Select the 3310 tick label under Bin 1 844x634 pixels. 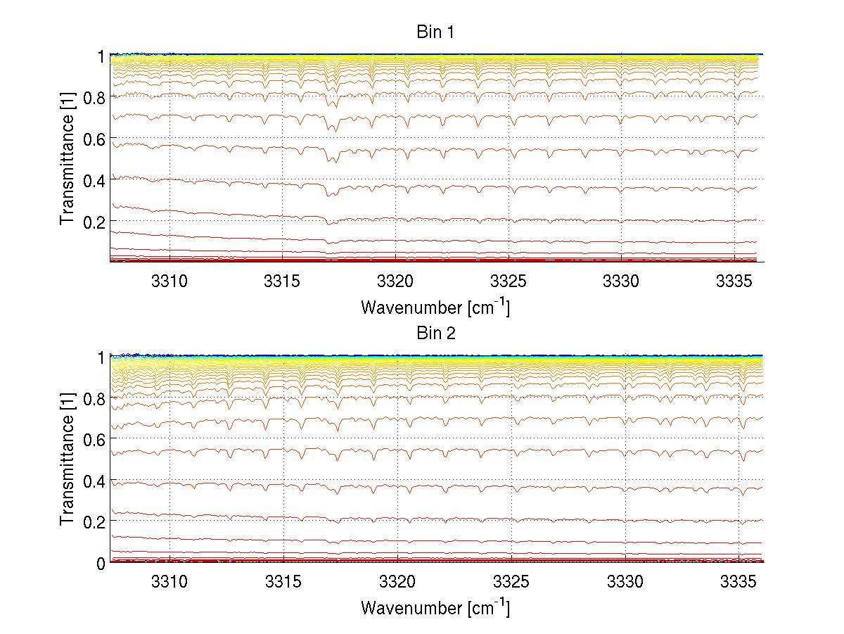tap(170, 279)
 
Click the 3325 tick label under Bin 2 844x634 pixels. tap(510, 581)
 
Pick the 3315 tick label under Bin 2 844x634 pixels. tap(283, 581)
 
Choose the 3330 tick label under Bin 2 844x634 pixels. tap(624, 581)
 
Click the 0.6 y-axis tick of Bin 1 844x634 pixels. tap(93, 139)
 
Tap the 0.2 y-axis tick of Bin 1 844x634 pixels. tap(93, 221)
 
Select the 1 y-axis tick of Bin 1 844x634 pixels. tap(101, 56)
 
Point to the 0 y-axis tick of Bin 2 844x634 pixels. tap(101, 563)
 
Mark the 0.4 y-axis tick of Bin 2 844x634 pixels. tap(93, 481)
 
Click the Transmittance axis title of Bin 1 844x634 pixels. tap(67, 159)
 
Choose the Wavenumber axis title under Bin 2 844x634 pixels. tap(435, 607)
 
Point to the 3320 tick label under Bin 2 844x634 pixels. tap(397, 581)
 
